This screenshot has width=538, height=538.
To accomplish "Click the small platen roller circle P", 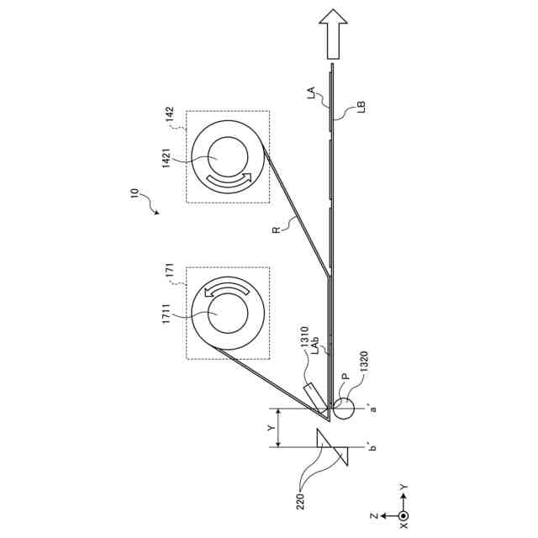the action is pyautogui.click(x=343, y=410).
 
